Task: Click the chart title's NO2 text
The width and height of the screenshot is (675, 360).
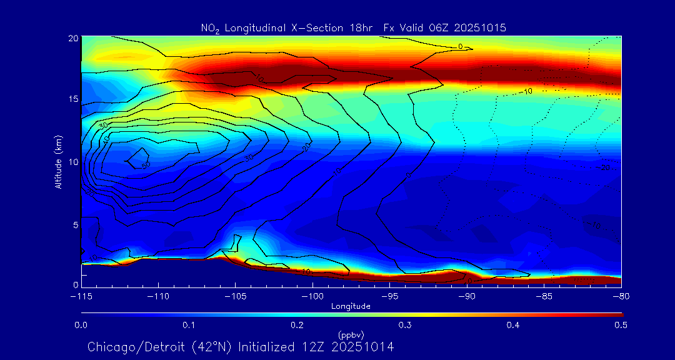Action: click(x=208, y=28)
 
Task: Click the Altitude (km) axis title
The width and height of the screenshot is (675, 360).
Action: click(x=58, y=162)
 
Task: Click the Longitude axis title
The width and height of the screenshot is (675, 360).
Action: click(x=351, y=306)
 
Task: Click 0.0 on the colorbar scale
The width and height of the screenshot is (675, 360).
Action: click(x=81, y=325)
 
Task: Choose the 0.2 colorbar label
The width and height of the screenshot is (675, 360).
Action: click(x=297, y=325)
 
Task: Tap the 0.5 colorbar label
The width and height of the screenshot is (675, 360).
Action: click(x=621, y=325)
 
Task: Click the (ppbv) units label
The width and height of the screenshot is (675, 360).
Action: click(x=351, y=334)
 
